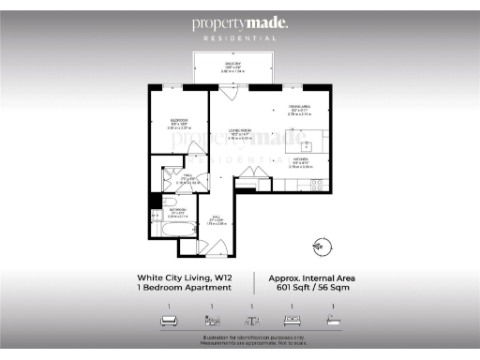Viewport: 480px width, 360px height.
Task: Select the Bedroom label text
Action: [178, 121]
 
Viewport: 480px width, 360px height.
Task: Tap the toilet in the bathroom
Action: [156, 217]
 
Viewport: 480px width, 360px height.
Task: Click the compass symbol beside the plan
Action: [322, 247]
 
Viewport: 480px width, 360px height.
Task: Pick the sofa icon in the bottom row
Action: [170, 321]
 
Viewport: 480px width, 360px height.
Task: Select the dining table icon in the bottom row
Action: [251, 321]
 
